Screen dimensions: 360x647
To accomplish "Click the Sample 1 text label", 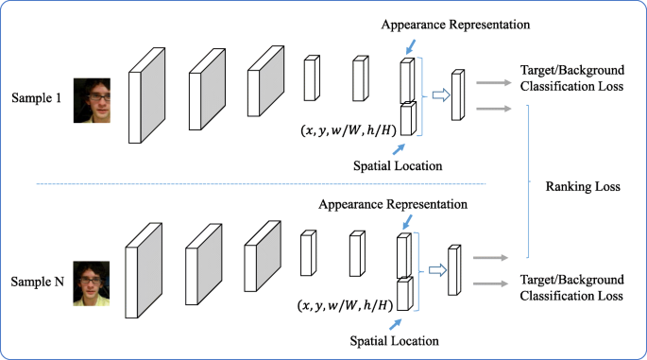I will [x=37, y=99].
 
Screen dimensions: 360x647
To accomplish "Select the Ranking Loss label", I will [x=583, y=186].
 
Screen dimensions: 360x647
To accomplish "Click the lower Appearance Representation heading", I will [x=392, y=204].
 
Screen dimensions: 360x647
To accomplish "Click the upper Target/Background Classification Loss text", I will [x=571, y=80].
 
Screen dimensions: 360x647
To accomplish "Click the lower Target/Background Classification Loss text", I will [x=571, y=288].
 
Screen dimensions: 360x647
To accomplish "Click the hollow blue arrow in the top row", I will [x=440, y=94].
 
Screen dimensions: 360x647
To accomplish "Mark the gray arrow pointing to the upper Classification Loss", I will [x=495, y=83].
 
